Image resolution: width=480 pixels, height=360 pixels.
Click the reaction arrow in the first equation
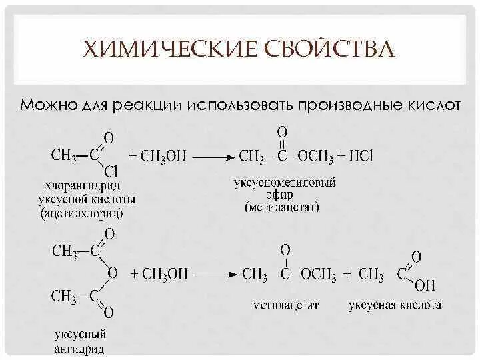tap(215, 157)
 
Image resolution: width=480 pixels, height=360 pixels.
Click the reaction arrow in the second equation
tap(215, 273)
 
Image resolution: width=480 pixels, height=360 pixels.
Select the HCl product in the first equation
tap(360, 157)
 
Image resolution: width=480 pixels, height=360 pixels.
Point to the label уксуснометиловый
tap(284, 182)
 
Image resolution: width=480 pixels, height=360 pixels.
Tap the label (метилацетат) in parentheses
tap(282, 207)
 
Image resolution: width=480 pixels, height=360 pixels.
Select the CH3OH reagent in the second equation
tap(159, 273)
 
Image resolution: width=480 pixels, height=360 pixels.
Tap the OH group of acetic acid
tap(425, 286)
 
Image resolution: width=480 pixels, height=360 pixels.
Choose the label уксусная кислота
tap(395, 305)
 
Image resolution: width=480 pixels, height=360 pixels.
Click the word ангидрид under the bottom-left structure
tap(79, 348)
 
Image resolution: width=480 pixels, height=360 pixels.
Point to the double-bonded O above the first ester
tap(282, 131)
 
